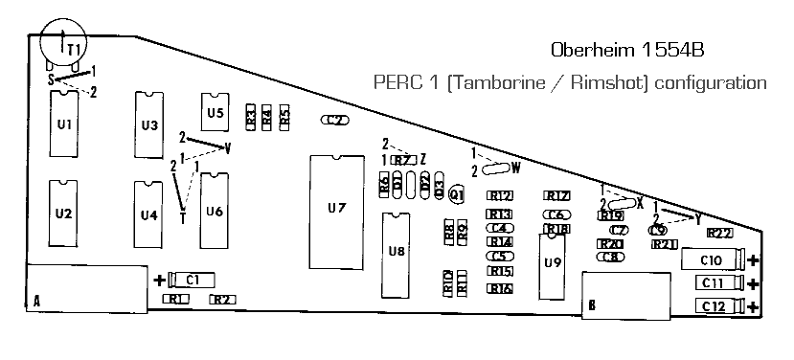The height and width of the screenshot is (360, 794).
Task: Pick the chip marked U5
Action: pyautogui.click(x=215, y=113)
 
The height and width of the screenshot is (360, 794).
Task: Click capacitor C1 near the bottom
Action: pyautogui.click(x=192, y=280)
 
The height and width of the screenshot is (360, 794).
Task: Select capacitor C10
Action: pyautogui.click(x=712, y=259)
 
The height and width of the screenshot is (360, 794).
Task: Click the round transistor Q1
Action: pyautogui.click(x=457, y=194)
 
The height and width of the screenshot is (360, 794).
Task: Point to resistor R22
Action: pyautogui.click(x=719, y=233)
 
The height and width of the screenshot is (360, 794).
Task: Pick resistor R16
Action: pyautogui.click(x=500, y=288)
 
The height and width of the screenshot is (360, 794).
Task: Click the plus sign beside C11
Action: pyautogui.click(x=754, y=283)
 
